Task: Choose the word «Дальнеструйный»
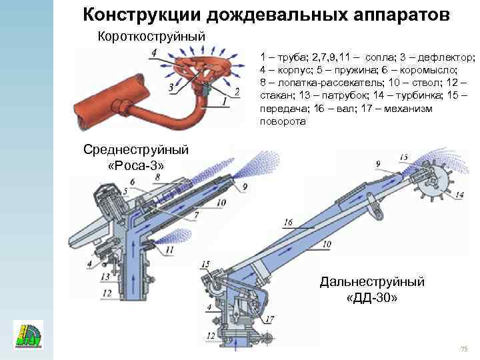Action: (x=372, y=282)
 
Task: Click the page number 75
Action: (x=465, y=350)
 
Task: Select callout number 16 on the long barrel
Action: (x=287, y=222)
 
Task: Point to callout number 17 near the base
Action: (x=269, y=319)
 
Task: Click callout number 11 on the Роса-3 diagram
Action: (x=170, y=250)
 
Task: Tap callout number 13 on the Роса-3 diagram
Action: (x=104, y=277)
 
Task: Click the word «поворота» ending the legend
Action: (x=283, y=122)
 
